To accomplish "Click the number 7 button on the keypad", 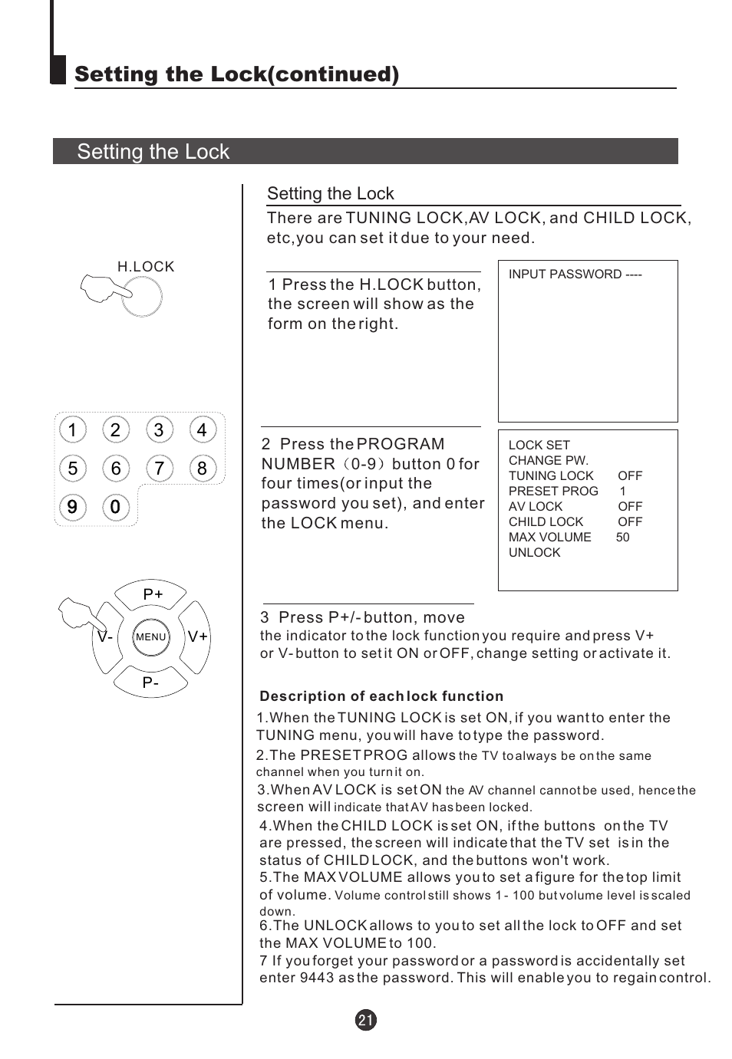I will [x=159, y=469].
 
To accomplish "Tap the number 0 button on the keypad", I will [x=115, y=507].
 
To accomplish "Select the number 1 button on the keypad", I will [x=72, y=430].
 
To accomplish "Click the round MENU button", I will [x=151, y=637].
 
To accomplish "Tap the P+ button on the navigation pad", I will [x=152, y=594].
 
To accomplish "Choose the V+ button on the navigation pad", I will [x=197, y=636].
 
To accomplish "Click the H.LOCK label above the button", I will [x=145, y=267].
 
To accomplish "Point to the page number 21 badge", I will [x=366, y=1020].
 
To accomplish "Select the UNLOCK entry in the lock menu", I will [x=534, y=553].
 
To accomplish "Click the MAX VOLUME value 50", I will [x=622, y=538].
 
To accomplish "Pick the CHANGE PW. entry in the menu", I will [x=548, y=461].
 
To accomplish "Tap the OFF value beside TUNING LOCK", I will [x=629, y=476].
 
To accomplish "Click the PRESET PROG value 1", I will [x=622, y=492].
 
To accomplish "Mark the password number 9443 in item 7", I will [x=317, y=978].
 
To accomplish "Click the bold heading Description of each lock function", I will [x=381, y=696].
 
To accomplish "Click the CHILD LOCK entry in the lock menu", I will [x=546, y=522].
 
